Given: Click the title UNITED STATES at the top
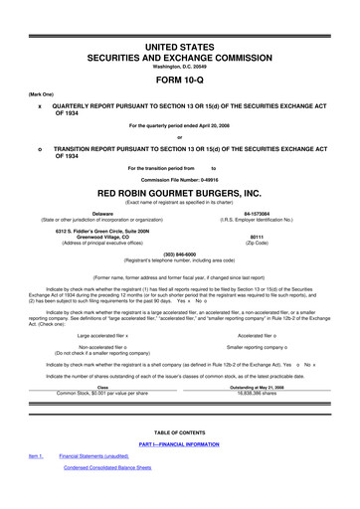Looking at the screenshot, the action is [x=179, y=47].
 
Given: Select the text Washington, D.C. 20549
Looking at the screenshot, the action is [x=179, y=67].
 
